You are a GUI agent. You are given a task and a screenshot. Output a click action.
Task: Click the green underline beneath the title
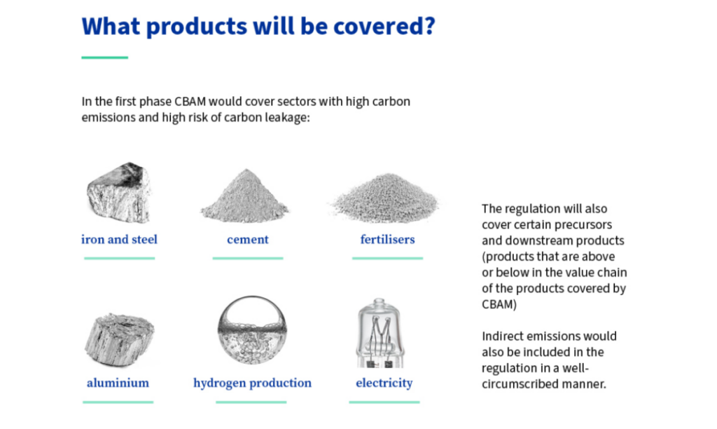coord(105,57)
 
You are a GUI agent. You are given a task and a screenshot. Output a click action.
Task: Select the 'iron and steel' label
coord(119,240)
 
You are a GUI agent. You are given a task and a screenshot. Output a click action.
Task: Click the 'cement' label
coord(248,240)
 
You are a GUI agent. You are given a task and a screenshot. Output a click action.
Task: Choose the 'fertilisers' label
coord(387,240)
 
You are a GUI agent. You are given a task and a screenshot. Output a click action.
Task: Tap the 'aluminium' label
coord(118,383)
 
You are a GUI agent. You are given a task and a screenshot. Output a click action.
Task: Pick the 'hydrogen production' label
coord(252,383)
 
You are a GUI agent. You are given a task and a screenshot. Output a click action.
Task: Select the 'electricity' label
coord(384,383)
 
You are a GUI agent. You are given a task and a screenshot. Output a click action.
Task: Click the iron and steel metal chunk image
coord(119,193)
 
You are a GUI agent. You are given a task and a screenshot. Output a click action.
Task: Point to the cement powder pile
coord(245,196)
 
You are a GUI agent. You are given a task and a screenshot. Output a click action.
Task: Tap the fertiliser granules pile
coord(385,198)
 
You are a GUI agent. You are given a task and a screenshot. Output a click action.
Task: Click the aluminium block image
coord(119,339)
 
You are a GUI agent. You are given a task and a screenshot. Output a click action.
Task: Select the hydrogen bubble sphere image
coord(252,329)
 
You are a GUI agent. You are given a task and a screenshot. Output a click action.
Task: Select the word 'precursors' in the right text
coord(586,225)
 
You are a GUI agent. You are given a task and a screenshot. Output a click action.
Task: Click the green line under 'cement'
coord(248,258)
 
